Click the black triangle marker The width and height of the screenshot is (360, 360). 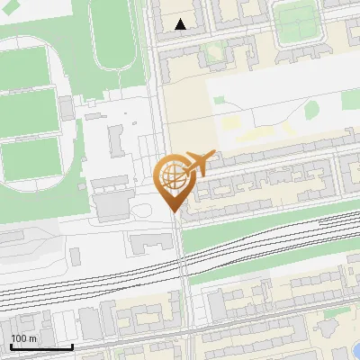181,25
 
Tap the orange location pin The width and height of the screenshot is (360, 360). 176,184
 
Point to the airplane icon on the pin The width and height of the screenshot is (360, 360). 201,163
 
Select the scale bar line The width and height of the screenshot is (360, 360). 41,347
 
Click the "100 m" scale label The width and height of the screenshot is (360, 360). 24,338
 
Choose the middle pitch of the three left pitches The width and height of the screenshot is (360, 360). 27,112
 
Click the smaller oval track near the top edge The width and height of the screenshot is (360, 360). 113,40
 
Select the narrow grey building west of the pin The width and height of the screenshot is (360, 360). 116,139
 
